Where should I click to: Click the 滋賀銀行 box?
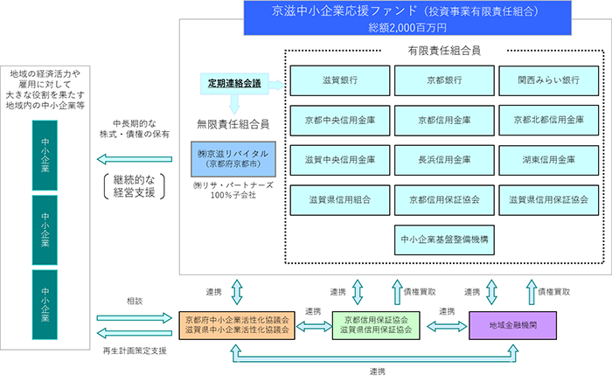pos(340,80)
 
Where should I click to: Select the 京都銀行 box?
pos(444,80)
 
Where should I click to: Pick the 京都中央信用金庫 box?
pos(340,120)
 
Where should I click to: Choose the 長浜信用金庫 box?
pos(444,160)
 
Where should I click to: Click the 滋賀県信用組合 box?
pos(340,200)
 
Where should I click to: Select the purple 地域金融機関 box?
pos(514,324)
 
